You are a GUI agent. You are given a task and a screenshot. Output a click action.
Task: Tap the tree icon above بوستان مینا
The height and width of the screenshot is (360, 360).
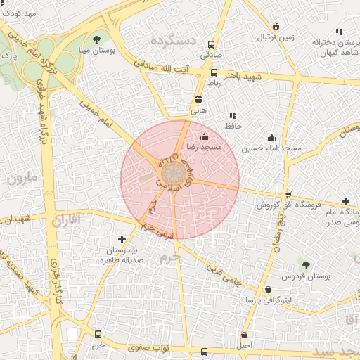point(96,39)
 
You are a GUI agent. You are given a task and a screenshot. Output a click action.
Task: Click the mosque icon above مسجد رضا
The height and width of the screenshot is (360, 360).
point(205,136)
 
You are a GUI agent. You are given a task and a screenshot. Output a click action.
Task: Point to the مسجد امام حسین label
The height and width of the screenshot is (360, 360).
point(271,149)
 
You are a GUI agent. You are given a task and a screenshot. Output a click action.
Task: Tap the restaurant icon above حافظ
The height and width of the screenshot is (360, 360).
point(233,115)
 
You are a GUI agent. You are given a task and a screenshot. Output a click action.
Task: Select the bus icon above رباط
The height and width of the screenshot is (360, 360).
point(214,72)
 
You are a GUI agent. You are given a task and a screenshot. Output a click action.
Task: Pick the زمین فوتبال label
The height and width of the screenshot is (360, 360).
point(275,36)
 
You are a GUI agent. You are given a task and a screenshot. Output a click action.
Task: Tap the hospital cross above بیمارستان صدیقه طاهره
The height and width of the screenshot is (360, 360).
point(122,240)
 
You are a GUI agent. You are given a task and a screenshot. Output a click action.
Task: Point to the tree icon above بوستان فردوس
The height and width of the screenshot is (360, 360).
point(305,264)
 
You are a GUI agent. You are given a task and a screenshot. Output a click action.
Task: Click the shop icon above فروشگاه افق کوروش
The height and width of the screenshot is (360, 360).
point(288,195)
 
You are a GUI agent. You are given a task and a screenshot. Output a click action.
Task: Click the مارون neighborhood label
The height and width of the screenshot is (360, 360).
point(23,178)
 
